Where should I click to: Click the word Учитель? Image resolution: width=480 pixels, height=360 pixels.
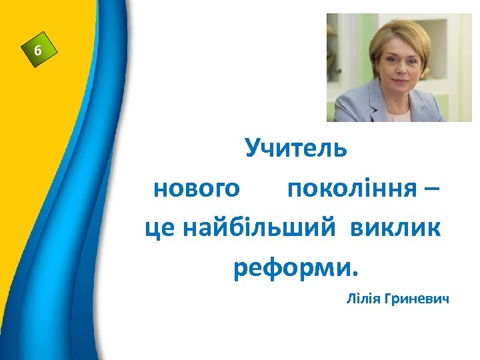click(295, 148)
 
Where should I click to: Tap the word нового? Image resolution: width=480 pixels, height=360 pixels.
click(196, 189)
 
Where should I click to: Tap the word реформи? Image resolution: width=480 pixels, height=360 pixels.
click(291, 269)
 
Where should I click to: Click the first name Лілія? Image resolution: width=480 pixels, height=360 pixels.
click(363, 298)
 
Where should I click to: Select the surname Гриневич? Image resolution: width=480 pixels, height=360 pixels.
click(417, 298)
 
